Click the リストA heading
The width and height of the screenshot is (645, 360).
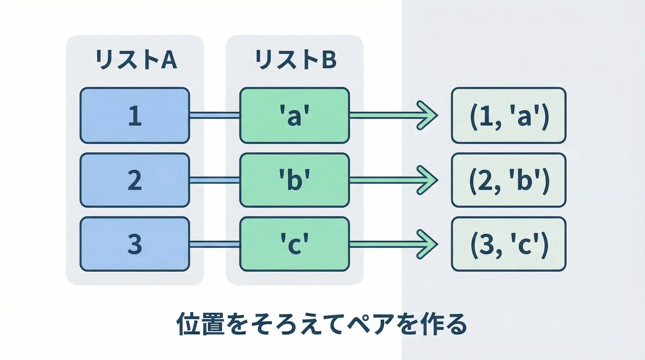point(136,60)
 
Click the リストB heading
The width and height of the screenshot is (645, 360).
point(295,60)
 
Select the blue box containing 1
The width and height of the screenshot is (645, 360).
point(135,116)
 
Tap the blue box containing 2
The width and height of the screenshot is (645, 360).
point(135,180)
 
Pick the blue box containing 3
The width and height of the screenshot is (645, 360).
point(135,244)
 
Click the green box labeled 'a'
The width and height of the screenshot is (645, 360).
point(295,116)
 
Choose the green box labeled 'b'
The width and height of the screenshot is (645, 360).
point(295,180)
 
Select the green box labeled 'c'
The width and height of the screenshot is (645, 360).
point(295,244)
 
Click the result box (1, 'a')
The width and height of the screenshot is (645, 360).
point(509,116)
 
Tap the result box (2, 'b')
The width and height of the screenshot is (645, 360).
point(509,180)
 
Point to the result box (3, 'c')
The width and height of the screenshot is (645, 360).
point(509,244)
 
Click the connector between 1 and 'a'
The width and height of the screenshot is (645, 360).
point(215,116)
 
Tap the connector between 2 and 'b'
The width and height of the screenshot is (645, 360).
point(215,180)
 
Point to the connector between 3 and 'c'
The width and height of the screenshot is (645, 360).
point(215,244)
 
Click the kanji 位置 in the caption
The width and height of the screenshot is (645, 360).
point(200,324)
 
